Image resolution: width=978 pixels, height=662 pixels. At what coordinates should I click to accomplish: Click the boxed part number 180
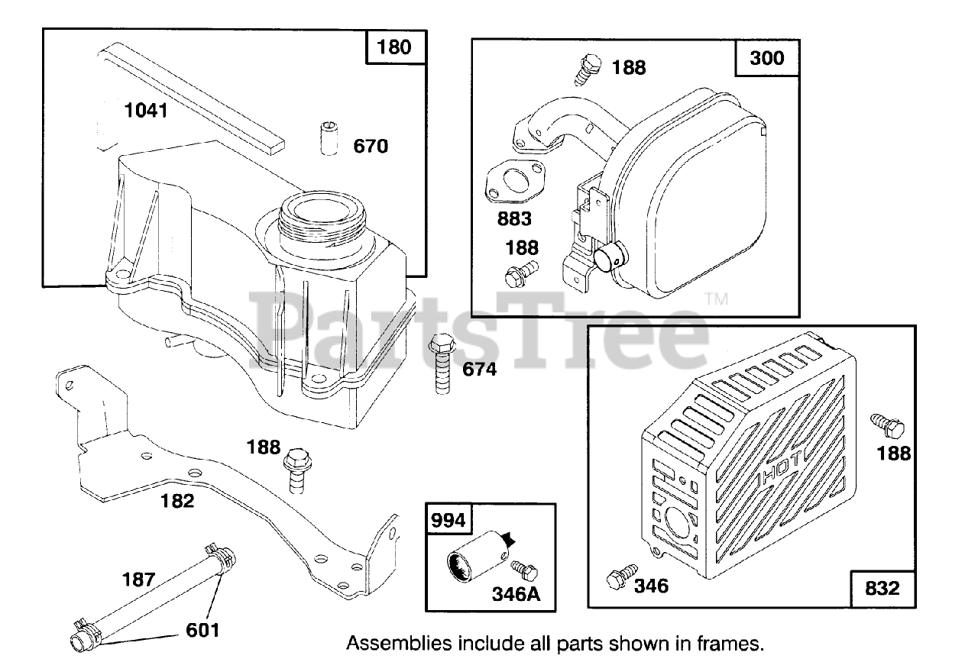394,47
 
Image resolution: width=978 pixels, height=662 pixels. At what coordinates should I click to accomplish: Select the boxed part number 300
767,57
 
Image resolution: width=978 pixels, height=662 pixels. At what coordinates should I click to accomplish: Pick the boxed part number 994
448,521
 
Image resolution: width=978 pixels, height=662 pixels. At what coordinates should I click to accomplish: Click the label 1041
145,111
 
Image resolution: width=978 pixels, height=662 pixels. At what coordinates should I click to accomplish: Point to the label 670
371,146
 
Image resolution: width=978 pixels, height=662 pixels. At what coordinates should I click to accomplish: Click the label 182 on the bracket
177,501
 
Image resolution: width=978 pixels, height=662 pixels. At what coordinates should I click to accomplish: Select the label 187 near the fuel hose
140,579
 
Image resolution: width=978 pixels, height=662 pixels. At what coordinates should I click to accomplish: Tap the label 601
202,630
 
